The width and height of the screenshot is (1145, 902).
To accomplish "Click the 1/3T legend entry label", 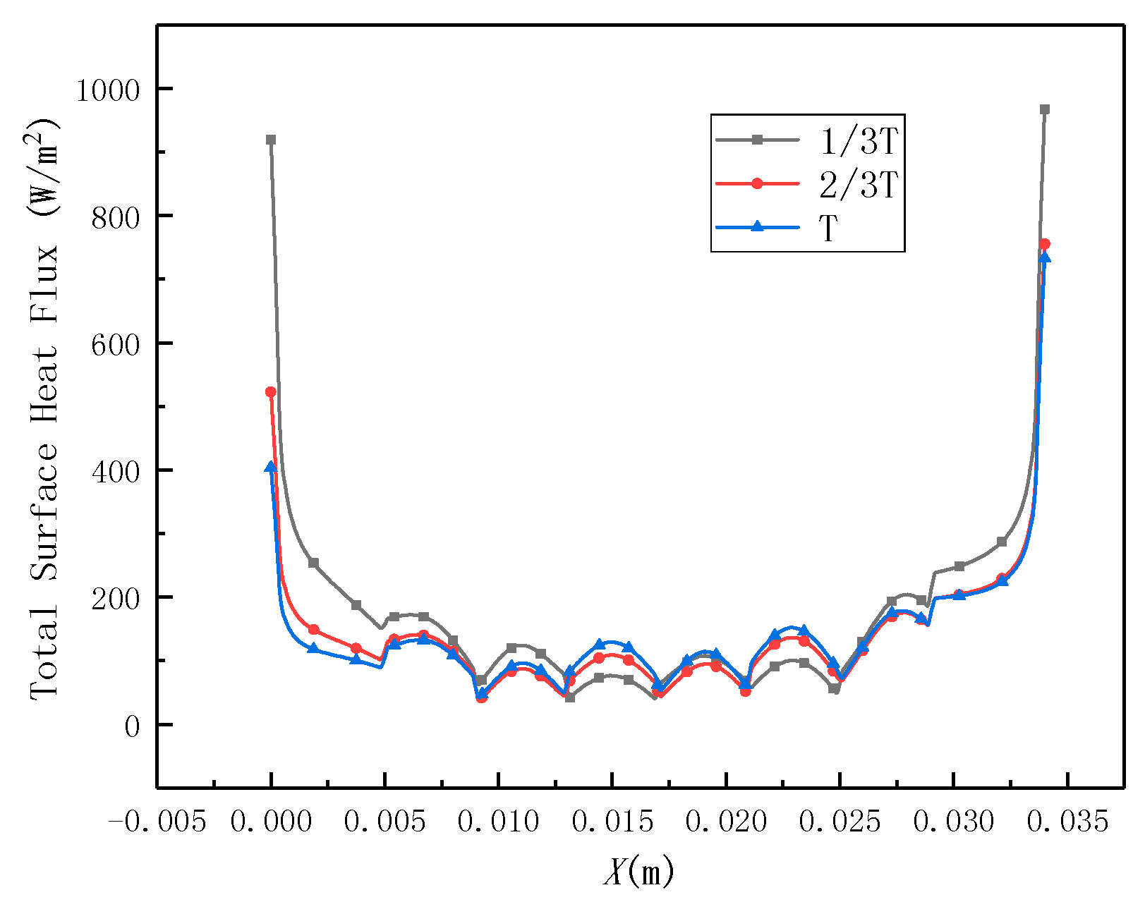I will (x=858, y=142).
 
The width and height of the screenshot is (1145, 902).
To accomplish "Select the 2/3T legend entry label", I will (x=858, y=185).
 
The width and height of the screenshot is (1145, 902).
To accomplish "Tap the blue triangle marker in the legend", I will (x=757, y=226).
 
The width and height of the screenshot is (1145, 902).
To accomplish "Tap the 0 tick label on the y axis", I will (x=133, y=726).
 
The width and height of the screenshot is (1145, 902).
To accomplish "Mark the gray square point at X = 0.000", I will (x=271, y=140).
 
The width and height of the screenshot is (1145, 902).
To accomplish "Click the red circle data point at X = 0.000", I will (x=270, y=391).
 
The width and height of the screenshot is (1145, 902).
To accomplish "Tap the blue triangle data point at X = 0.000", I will (x=270, y=467).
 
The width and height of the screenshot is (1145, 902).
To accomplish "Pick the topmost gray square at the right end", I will (x=1045, y=109).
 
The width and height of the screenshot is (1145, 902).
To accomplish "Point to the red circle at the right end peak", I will (x=1045, y=244).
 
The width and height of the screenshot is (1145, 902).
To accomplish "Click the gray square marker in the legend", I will (x=757, y=140).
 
